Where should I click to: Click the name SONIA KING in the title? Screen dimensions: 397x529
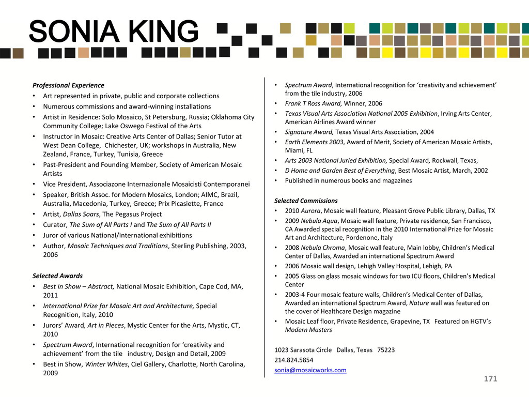tap(114, 32)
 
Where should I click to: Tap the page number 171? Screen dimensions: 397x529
tap(490, 379)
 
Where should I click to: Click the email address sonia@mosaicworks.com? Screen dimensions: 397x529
tap(310, 370)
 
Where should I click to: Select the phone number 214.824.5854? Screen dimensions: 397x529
tap(293, 360)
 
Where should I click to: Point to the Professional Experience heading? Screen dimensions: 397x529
tap(68, 85)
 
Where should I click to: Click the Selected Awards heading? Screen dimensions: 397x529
tap(57, 276)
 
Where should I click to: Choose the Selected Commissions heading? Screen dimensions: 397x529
tap(306, 201)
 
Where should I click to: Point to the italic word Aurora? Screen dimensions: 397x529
tap(310, 211)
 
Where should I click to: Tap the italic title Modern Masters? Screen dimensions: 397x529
tap(308, 330)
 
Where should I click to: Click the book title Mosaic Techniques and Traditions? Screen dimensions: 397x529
tap(118, 246)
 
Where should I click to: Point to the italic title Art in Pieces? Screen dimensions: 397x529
tap(107, 325)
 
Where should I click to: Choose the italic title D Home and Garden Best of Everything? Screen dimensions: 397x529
tap(339, 171)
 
